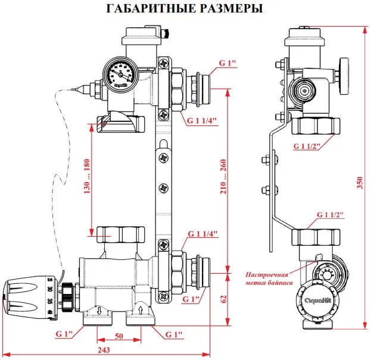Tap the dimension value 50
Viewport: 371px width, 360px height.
coord(119,336)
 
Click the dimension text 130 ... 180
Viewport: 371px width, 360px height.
coord(88,176)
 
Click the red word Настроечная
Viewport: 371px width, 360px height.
coord(268,275)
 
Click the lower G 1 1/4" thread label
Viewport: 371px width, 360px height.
coord(202,233)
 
